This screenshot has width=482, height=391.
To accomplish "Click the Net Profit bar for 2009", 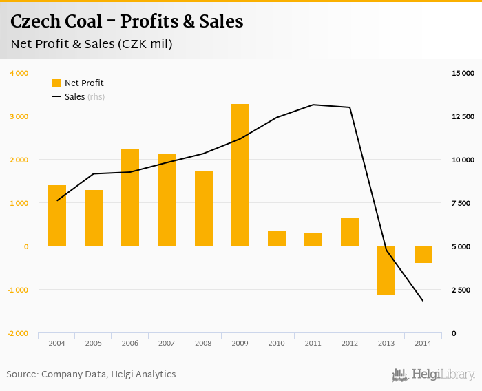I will [240, 175].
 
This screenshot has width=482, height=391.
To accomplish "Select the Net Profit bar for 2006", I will [130, 198].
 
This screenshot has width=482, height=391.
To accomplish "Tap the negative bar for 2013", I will [386, 270].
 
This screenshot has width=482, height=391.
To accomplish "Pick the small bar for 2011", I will [313, 239].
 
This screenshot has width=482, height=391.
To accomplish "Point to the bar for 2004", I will [57, 215].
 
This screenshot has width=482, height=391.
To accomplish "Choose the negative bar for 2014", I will [423, 254].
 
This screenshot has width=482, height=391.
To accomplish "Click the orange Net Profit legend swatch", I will [56, 83].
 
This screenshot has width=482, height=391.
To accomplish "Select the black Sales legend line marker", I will [56, 97].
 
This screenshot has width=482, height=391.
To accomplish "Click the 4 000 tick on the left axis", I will [19, 73].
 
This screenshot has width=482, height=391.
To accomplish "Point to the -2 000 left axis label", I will [17, 333].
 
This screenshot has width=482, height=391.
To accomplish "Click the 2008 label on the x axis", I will [203, 342].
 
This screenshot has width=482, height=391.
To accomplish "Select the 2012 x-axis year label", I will [350, 342].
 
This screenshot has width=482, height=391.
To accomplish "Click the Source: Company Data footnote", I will [91, 374].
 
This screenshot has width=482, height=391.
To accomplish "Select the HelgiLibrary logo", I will [434, 374].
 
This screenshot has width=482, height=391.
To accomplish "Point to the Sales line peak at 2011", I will [313, 105].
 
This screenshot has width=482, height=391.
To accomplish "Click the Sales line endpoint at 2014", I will [423, 301].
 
